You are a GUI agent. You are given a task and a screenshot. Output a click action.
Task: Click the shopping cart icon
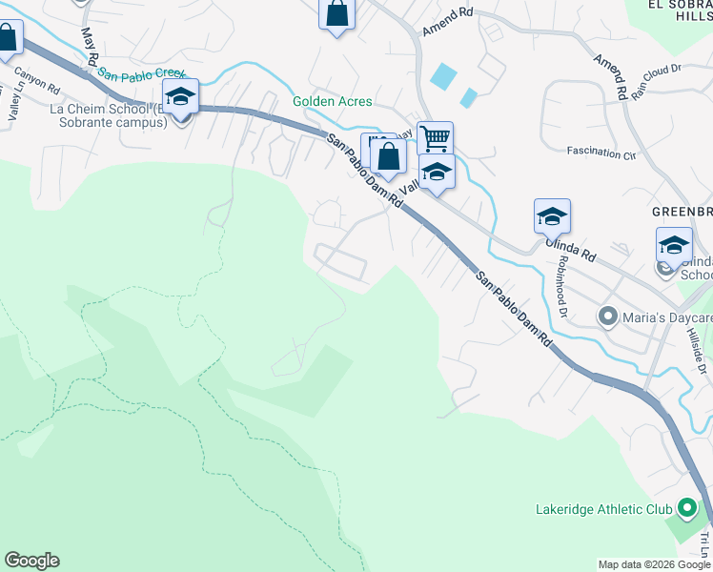[x=435, y=138]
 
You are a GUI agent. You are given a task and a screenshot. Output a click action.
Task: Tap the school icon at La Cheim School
[x=180, y=95]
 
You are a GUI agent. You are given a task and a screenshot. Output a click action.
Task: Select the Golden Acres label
[x=332, y=101]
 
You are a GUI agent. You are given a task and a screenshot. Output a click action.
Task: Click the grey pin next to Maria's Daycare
[x=605, y=316]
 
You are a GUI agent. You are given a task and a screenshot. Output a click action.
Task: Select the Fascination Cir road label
[x=601, y=152]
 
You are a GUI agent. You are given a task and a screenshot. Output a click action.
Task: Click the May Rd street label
[x=91, y=46]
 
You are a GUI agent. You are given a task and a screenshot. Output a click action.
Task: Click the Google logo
[x=31, y=561]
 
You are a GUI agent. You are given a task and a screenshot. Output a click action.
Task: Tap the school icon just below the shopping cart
[x=437, y=173]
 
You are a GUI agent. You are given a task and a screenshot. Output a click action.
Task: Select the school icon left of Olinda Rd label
[x=552, y=216]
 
